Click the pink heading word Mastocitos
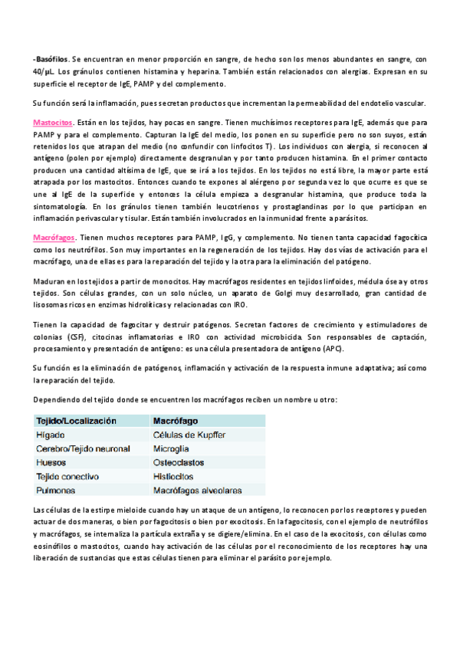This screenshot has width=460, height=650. coord(53,123)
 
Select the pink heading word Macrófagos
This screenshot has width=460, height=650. coord(54,238)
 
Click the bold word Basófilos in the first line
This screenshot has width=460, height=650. coord(52,58)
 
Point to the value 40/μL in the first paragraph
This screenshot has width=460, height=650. coord(44,71)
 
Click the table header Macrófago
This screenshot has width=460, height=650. coord(176,421)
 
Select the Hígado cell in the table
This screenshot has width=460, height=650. coord(49,435)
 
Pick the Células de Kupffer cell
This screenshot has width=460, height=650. coord(189,435)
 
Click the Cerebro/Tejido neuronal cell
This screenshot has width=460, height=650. coord(83,448)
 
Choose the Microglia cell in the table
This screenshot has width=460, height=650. coord(172,448)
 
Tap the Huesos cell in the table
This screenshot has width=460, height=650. coord(51,462)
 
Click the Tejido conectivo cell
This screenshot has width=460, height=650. coord(71,476)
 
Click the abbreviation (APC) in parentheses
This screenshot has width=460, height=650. coord(332,350)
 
